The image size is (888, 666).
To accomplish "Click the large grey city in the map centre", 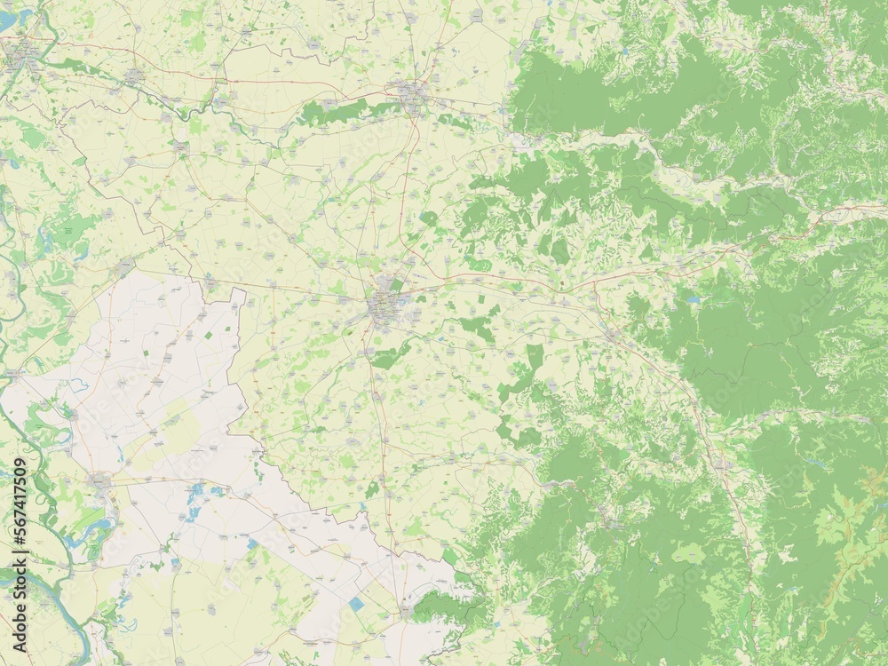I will tap(385, 306).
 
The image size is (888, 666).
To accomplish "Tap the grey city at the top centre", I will tap(411, 94).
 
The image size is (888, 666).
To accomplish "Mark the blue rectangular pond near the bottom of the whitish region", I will tap(356, 604).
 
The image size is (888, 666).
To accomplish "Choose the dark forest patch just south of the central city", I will tap(391, 357).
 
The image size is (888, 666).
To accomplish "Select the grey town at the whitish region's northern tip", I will tap(125, 266).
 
